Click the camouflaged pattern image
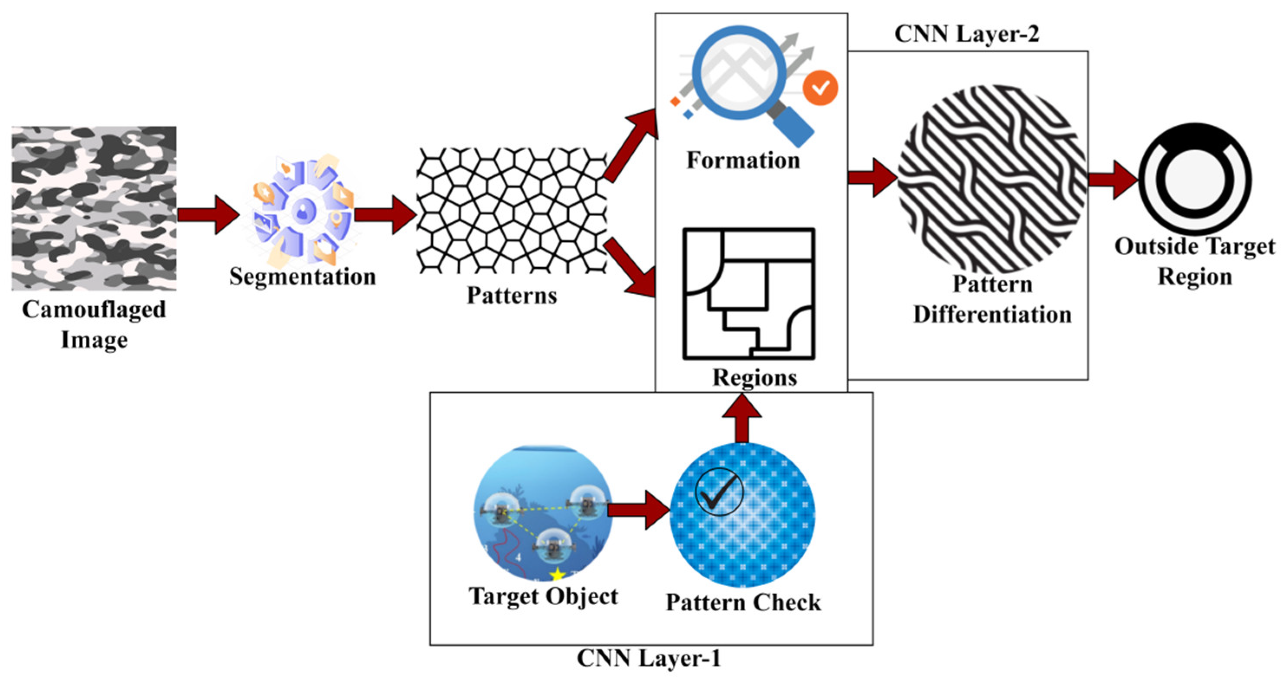[94, 208]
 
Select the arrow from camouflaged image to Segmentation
[208, 215]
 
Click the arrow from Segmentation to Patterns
[385, 215]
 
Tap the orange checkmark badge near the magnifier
[820, 88]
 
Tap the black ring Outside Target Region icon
[1195, 179]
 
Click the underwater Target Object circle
[542, 512]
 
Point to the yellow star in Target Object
[558, 575]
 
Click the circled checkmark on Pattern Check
[719, 492]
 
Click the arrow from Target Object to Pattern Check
[639, 510]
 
